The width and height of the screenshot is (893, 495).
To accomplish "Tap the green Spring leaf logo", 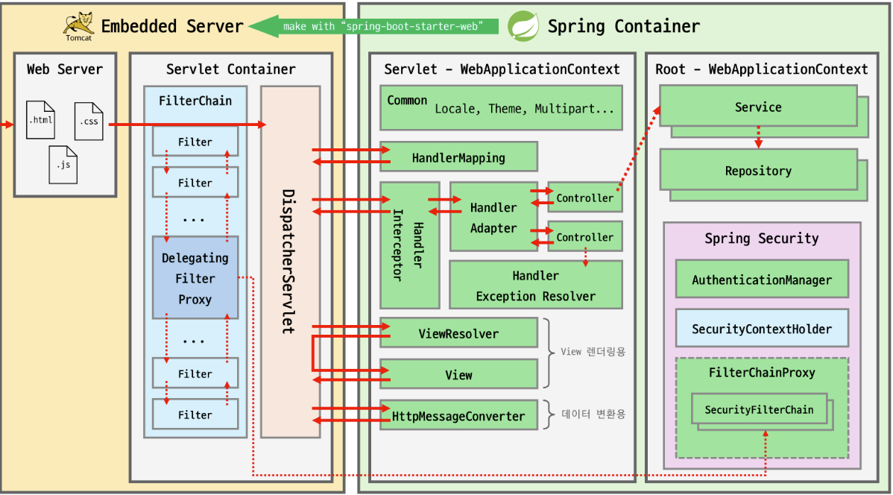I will tap(523, 26).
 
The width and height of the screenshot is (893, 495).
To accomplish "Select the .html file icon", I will tap(40, 119).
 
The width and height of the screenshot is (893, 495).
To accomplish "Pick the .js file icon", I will tap(63, 164).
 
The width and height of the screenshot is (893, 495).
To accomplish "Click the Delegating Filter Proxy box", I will tap(195, 278).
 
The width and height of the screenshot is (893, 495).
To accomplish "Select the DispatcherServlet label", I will tap(289, 261).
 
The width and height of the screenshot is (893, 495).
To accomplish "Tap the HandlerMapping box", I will tap(458, 157).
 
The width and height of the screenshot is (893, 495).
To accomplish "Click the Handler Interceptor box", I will tap(408, 245).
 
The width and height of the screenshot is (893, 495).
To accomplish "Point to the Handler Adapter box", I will tap(493, 217).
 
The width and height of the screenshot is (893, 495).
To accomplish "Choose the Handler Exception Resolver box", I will tap(535, 286).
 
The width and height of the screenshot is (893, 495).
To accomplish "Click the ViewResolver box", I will tap(458, 333).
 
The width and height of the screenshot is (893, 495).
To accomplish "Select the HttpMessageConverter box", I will tap(458, 416).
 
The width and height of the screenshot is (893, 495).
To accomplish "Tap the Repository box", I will tap(757, 171).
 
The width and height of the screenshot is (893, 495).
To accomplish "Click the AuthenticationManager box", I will tap(761, 280).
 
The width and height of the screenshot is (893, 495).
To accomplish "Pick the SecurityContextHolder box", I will tap(761, 329).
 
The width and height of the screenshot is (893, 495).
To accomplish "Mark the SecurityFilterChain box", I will tap(759, 409).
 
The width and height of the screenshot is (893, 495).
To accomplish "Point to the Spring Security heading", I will tap(761, 239).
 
